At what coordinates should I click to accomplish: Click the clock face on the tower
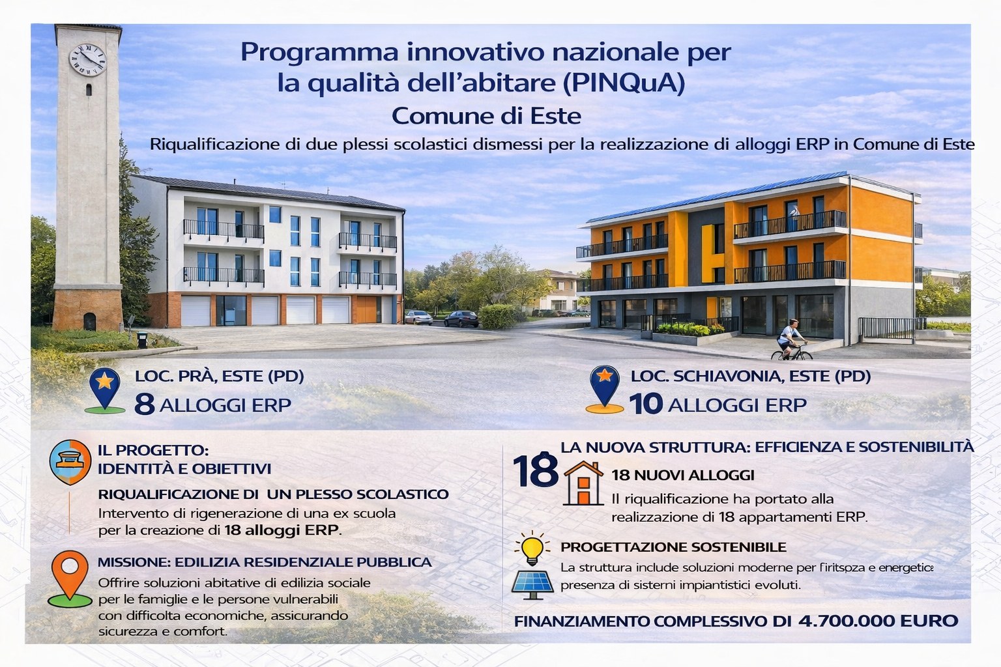[x=87, y=60]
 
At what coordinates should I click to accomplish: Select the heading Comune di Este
[x=486, y=116]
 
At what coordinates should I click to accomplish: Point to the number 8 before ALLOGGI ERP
[x=144, y=404]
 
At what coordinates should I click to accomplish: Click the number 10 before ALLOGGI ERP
[x=646, y=404]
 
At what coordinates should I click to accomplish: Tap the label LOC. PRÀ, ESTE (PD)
[x=220, y=376]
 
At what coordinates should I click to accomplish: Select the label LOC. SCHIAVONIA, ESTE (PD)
[x=750, y=376]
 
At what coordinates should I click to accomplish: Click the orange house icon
[x=583, y=483]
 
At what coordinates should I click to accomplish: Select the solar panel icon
[x=532, y=584]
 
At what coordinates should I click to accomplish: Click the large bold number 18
[x=535, y=471]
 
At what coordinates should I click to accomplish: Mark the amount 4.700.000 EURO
[x=878, y=621]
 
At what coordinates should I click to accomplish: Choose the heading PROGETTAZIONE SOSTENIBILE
[x=673, y=547]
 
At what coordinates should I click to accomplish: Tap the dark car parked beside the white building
[x=461, y=319]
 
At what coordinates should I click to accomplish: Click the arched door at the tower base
[x=89, y=321]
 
